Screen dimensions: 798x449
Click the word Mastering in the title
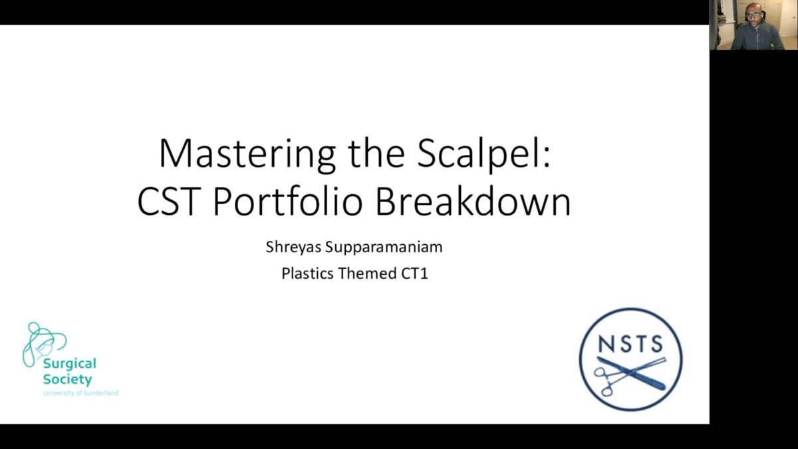[247, 154]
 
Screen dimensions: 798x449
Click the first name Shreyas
[293, 247]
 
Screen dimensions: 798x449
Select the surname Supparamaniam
[384, 247]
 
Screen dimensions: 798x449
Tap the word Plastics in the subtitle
[307, 273]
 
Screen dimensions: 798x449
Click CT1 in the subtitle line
[414, 273]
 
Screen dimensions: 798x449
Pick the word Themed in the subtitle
[367, 273]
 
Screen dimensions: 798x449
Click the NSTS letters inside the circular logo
[630, 344]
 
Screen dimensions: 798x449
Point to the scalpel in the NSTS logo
[631, 373]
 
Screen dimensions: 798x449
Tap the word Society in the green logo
[68, 380]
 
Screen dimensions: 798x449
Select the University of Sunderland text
[81, 393]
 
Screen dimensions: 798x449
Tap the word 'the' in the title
[376, 154]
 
